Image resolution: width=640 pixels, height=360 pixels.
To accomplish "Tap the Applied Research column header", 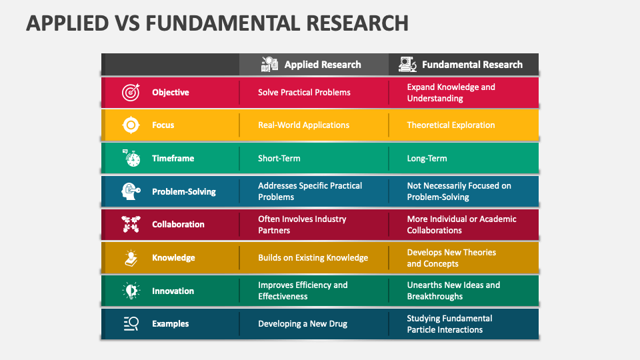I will [x=322, y=65].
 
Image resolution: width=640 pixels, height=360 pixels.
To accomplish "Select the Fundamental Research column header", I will [x=472, y=65].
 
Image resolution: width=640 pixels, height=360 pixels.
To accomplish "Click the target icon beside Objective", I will [x=131, y=92].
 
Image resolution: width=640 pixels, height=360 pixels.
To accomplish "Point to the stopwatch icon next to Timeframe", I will [x=131, y=158].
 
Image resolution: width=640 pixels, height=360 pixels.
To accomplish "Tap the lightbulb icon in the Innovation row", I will [x=131, y=291].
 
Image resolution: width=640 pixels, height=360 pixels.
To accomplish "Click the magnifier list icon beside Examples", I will [x=131, y=324].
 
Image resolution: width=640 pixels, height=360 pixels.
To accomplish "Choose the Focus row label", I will [x=163, y=125].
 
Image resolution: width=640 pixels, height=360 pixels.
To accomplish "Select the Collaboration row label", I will [x=178, y=225].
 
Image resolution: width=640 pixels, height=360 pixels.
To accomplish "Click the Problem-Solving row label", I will [x=184, y=191].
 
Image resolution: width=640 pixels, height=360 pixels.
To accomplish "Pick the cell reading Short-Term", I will [x=279, y=159].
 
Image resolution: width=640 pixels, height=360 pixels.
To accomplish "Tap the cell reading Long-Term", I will [x=427, y=159].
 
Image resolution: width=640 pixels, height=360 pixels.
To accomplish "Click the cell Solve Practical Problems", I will [x=304, y=92].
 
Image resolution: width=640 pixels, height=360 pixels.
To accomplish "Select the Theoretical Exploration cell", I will [x=451, y=125].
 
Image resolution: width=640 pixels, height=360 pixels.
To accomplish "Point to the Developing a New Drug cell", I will [x=303, y=324].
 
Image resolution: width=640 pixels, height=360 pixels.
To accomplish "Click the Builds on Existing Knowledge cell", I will [x=313, y=258].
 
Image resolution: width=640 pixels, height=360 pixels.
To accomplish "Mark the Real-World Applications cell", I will [x=303, y=125].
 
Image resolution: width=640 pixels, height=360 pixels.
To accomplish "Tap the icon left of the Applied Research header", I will [x=269, y=65].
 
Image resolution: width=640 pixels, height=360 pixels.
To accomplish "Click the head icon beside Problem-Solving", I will [x=131, y=191].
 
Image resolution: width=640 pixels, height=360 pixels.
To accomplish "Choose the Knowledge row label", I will [x=173, y=258].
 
